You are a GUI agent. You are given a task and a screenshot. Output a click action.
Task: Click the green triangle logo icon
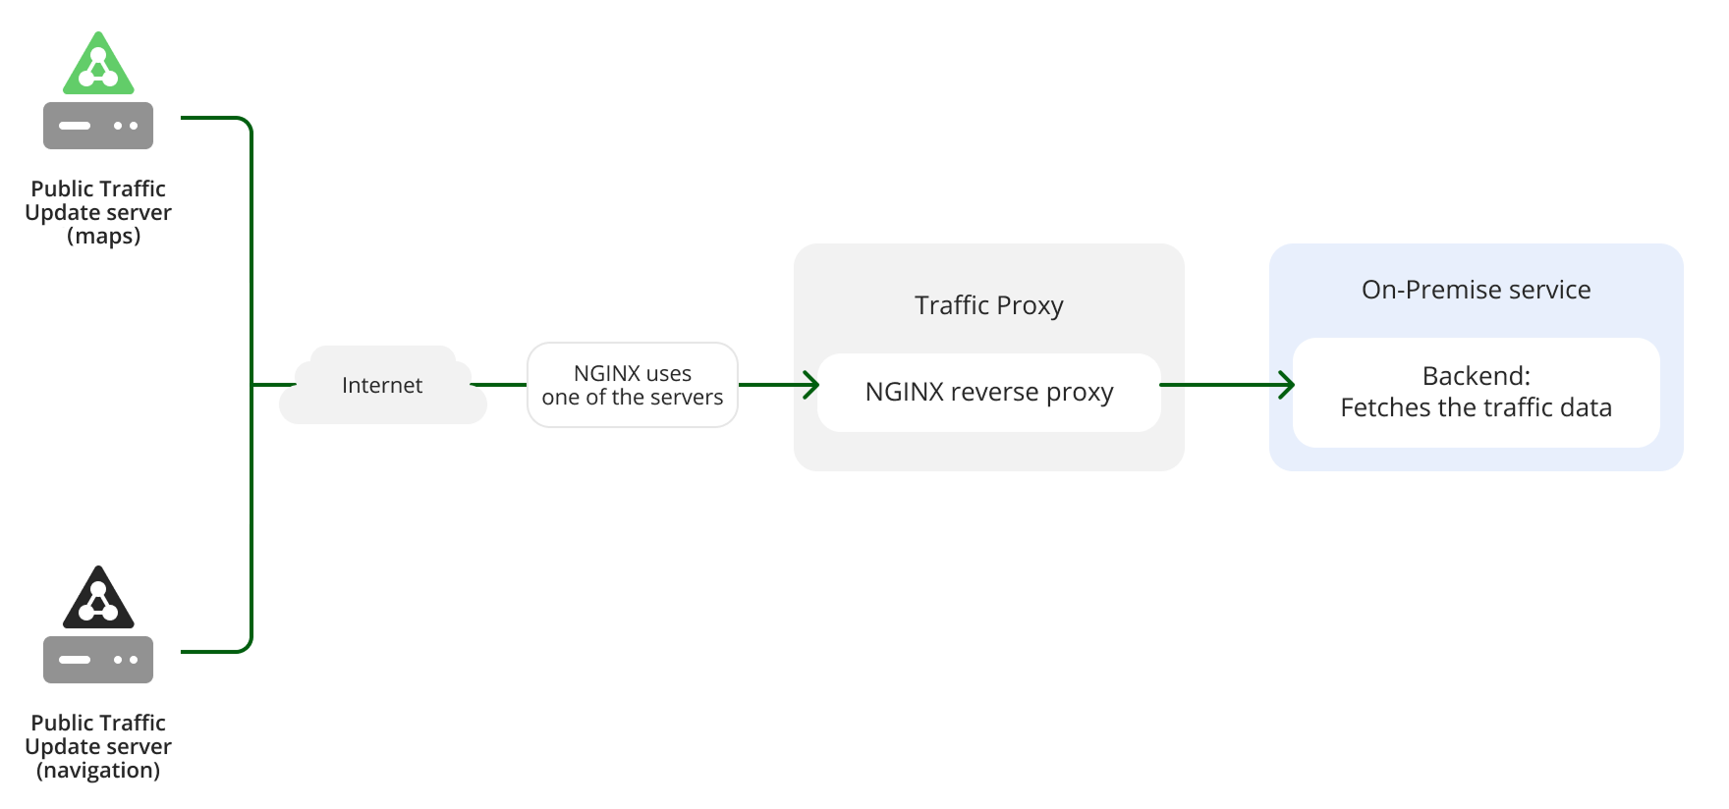pos(98,66)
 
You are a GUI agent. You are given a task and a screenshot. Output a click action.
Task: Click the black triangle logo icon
pos(98,600)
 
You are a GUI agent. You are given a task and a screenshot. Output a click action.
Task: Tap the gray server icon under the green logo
pos(98,126)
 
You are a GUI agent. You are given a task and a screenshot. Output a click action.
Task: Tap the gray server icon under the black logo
pos(98,660)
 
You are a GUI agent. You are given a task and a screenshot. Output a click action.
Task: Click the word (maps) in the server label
pos(103,237)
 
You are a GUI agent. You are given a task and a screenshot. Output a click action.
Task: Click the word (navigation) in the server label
pos(98,771)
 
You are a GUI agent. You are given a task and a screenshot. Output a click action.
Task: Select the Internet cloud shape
pos(382,386)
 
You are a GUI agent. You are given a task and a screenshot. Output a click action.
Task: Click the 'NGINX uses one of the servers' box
pos(633,385)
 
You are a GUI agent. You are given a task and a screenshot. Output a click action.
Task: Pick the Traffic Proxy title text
pos(988,305)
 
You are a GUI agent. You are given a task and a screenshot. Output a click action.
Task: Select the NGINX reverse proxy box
pos(988,393)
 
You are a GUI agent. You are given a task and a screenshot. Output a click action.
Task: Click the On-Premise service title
pos(1476,290)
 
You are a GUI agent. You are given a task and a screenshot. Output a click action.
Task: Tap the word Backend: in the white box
pos(1476,376)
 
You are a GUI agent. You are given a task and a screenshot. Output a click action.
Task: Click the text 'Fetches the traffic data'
pos(1476,407)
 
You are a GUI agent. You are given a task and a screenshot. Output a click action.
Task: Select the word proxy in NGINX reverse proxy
pos(1080,393)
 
